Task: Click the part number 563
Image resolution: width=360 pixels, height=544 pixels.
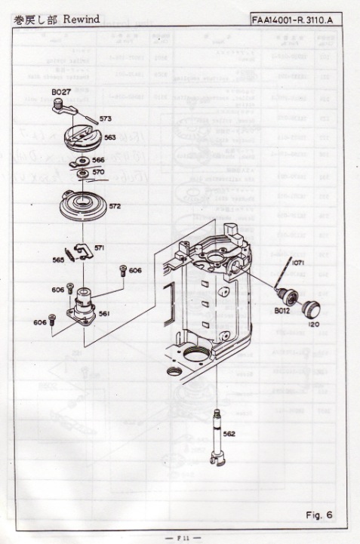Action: coord(109,137)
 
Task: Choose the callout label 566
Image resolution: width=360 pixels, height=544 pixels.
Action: coord(98,161)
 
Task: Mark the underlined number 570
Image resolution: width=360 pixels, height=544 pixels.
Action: coord(98,172)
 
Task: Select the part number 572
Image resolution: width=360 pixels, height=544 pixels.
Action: coord(115,205)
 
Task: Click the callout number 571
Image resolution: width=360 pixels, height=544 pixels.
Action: coord(100,247)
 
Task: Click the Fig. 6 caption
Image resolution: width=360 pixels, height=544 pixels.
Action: coord(319,516)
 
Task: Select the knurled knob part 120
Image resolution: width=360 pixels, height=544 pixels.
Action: coord(310,307)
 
